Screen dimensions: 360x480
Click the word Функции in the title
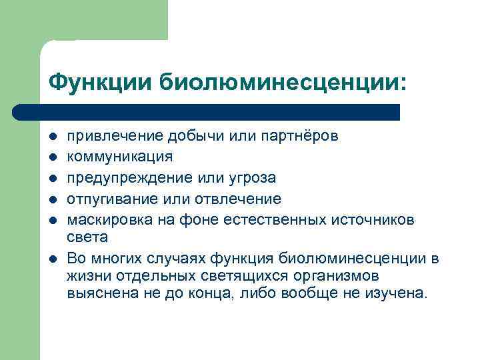101,83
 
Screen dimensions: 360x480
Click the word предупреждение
132,178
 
